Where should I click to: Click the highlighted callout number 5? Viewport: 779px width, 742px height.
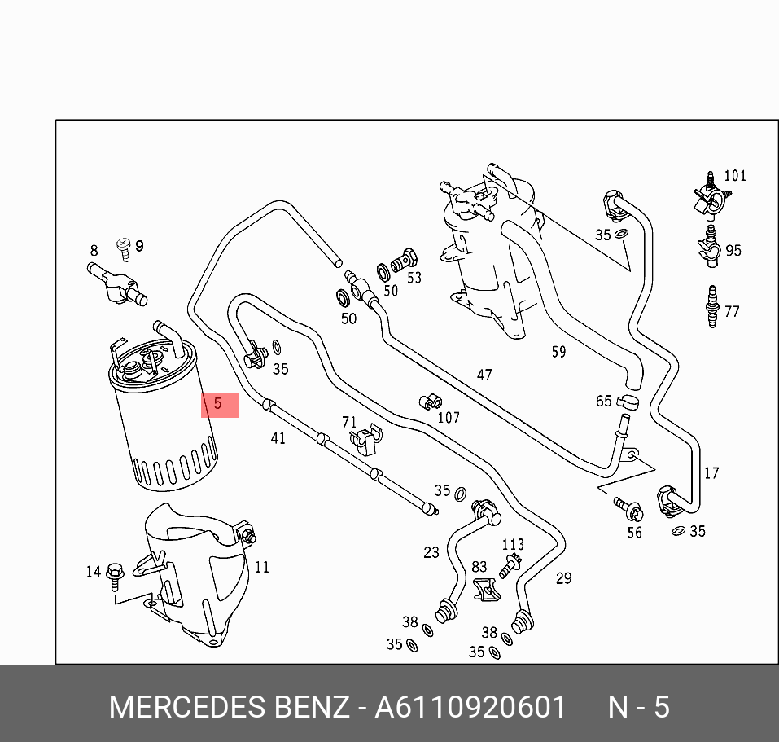coord(218,403)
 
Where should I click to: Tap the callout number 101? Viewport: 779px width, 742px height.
coord(734,176)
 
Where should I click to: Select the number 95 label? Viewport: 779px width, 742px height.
coord(733,250)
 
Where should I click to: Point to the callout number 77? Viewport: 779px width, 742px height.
coord(732,311)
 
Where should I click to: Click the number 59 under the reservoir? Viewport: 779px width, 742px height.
coord(558,352)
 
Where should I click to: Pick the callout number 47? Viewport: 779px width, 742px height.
coord(484,375)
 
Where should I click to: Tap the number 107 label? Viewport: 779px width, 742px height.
coord(449,418)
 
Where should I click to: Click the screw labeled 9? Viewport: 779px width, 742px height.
coord(125,247)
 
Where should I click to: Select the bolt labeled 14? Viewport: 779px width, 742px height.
coord(114,575)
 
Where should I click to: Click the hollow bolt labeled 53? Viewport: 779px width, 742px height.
coord(404,261)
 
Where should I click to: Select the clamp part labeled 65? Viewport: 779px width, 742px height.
coord(627,400)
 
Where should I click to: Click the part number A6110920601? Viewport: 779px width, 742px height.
coord(470,707)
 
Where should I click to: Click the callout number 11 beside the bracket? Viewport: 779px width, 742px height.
coord(262,567)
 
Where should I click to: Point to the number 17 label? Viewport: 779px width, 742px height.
coord(711,473)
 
